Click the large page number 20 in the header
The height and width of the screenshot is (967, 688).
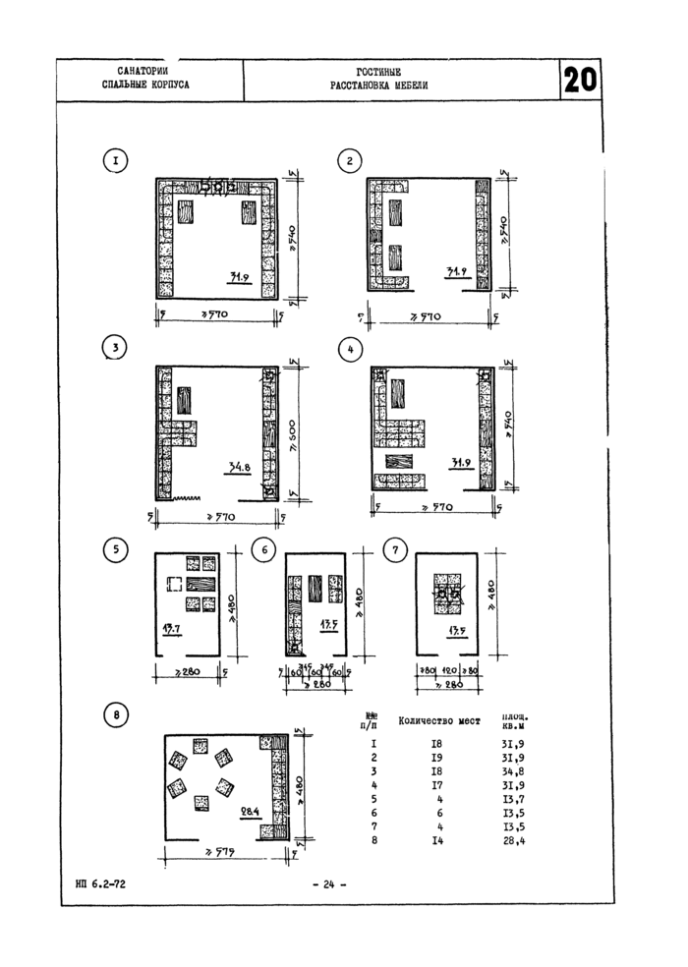pos(581,81)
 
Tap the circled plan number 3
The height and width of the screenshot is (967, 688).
pos(116,347)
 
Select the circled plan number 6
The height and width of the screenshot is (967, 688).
pos(263,551)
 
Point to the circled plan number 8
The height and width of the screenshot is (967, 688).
pos(116,715)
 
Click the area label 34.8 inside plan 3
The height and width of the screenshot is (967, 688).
pos(240,468)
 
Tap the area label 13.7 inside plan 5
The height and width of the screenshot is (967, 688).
pos(173,626)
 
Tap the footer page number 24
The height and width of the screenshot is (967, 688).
pos(322,885)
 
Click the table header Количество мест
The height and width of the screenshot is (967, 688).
pos(438,720)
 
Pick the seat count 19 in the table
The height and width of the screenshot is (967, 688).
pos(436,759)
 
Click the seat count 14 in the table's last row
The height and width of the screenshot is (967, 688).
pos(436,841)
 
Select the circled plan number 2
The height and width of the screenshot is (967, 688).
pos(346,160)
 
